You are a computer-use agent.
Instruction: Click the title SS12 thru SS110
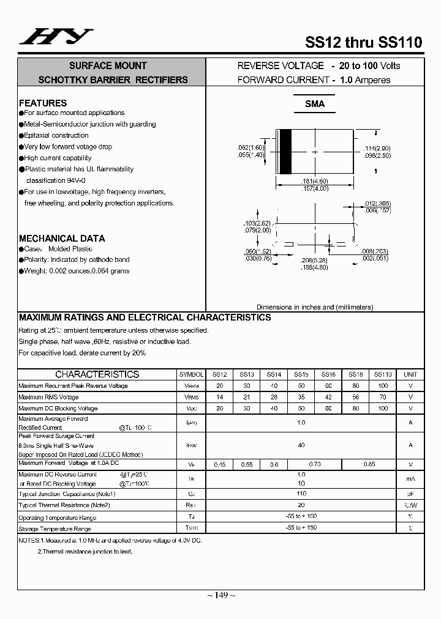(x=363, y=42)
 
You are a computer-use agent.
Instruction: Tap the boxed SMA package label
(x=315, y=104)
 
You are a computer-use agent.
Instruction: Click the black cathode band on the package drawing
(x=285, y=152)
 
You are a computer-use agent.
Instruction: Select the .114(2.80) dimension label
(x=377, y=149)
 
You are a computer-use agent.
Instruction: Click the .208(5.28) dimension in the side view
(x=315, y=261)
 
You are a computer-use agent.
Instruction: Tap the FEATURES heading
(x=43, y=103)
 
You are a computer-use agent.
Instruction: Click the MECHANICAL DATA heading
(x=62, y=238)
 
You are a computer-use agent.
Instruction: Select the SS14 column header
(x=274, y=374)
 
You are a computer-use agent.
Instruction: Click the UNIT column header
(x=410, y=374)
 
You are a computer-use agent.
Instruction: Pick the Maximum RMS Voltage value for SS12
(x=220, y=397)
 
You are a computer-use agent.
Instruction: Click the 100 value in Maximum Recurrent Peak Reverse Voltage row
(x=383, y=386)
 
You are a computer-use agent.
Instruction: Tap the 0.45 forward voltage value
(x=220, y=465)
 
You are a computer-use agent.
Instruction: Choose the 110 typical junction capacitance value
(x=301, y=494)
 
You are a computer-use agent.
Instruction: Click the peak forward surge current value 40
(x=301, y=445)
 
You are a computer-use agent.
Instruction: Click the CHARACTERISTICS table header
(x=97, y=374)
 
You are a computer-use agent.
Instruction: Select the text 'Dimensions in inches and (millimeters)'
(x=315, y=307)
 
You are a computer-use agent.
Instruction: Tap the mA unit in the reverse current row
(x=410, y=478)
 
